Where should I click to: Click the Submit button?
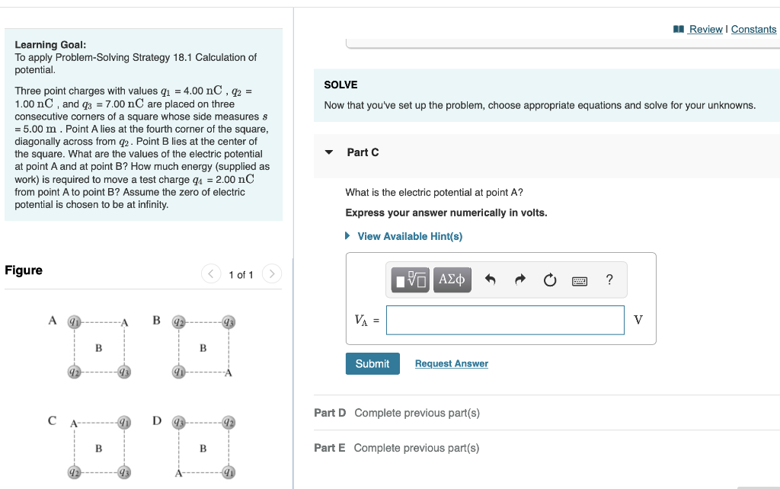click(372, 363)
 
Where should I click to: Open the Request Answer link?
click(451, 363)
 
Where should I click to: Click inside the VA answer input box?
click(505, 320)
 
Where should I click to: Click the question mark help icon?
click(609, 280)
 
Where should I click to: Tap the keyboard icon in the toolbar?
click(580, 280)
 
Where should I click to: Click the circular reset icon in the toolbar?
click(550, 280)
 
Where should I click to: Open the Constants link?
click(753, 29)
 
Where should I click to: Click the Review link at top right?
click(705, 29)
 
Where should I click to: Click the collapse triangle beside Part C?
click(329, 152)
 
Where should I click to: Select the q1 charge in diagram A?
click(74, 321)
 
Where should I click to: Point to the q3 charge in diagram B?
click(227, 321)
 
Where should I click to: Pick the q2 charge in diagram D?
click(227, 423)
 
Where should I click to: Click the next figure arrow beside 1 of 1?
click(273, 274)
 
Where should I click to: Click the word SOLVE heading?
click(340, 85)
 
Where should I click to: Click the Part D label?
click(330, 413)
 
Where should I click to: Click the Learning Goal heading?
click(50, 45)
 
